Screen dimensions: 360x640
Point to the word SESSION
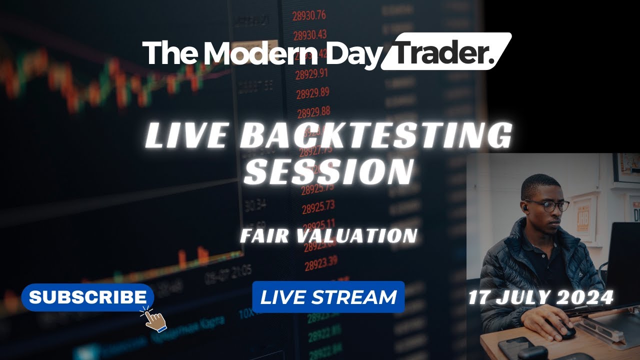click(331, 171)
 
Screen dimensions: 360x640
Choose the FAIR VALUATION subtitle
click(328, 235)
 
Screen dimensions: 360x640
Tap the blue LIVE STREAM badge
click(328, 297)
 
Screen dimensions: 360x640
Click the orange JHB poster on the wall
click(583, 219)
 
